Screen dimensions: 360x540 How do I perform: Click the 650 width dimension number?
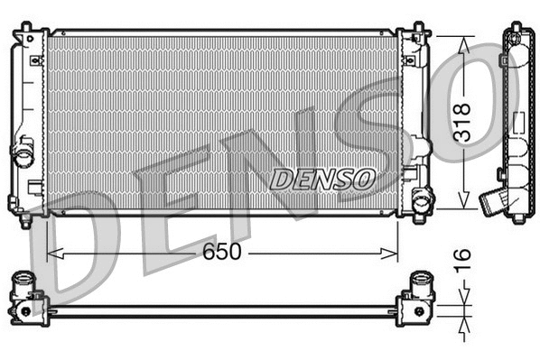(221, 253)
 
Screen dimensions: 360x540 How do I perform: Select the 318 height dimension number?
(462, 123)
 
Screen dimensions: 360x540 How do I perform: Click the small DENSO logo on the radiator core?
(322, 179)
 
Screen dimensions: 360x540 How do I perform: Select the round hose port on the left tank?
(23, 154)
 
